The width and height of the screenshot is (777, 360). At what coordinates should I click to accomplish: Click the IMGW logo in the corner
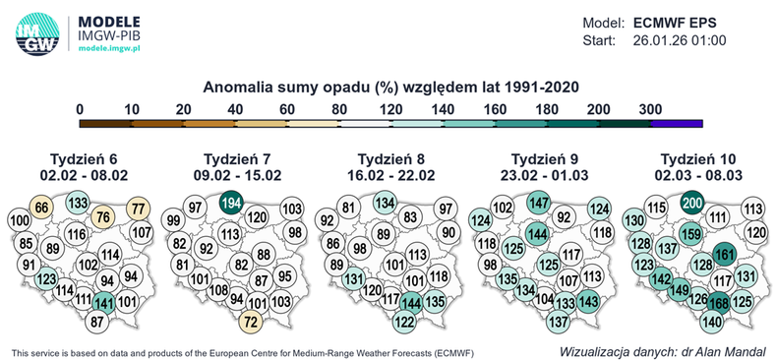(37, 33)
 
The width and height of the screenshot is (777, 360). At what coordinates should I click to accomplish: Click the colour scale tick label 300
(649, 109)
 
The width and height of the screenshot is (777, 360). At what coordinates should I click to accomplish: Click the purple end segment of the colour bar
(676, 123)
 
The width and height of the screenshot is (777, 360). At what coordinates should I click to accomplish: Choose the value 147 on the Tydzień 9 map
(538, 204)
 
